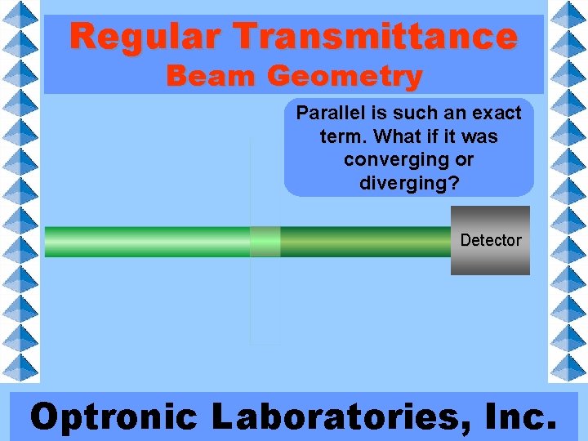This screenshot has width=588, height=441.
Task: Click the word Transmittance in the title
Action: click(x=376, y=37)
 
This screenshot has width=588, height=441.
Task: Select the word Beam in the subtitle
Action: click(x=212, y=77)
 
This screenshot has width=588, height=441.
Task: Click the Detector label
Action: click(x=490, y=240)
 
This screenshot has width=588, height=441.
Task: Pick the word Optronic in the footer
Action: click(x=114, y=416)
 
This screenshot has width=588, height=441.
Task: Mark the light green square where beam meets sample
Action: click(x=265, y=242)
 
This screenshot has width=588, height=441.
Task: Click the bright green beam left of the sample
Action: click(x=147, y=242)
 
